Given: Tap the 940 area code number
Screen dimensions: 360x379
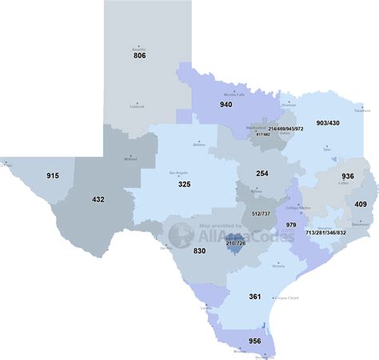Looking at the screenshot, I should coord(226,104).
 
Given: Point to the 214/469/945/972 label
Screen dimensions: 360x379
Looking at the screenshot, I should coord(291,129).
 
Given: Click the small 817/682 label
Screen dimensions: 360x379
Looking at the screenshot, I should coord(262,134).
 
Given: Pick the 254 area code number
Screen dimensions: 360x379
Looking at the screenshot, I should coord(261,173).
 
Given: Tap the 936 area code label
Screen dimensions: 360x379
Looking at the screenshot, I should coord(348,175).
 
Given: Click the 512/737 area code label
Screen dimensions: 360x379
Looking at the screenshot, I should coord(260,214).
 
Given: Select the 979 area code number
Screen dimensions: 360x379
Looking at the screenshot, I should coord(291,226).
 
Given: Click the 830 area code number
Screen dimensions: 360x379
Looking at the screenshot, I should coord(200,251).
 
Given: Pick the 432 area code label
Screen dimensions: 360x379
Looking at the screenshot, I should coord(98,199).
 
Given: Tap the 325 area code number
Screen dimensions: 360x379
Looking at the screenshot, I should coord(184,184).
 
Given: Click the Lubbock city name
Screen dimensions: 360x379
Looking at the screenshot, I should coord(137,106).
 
